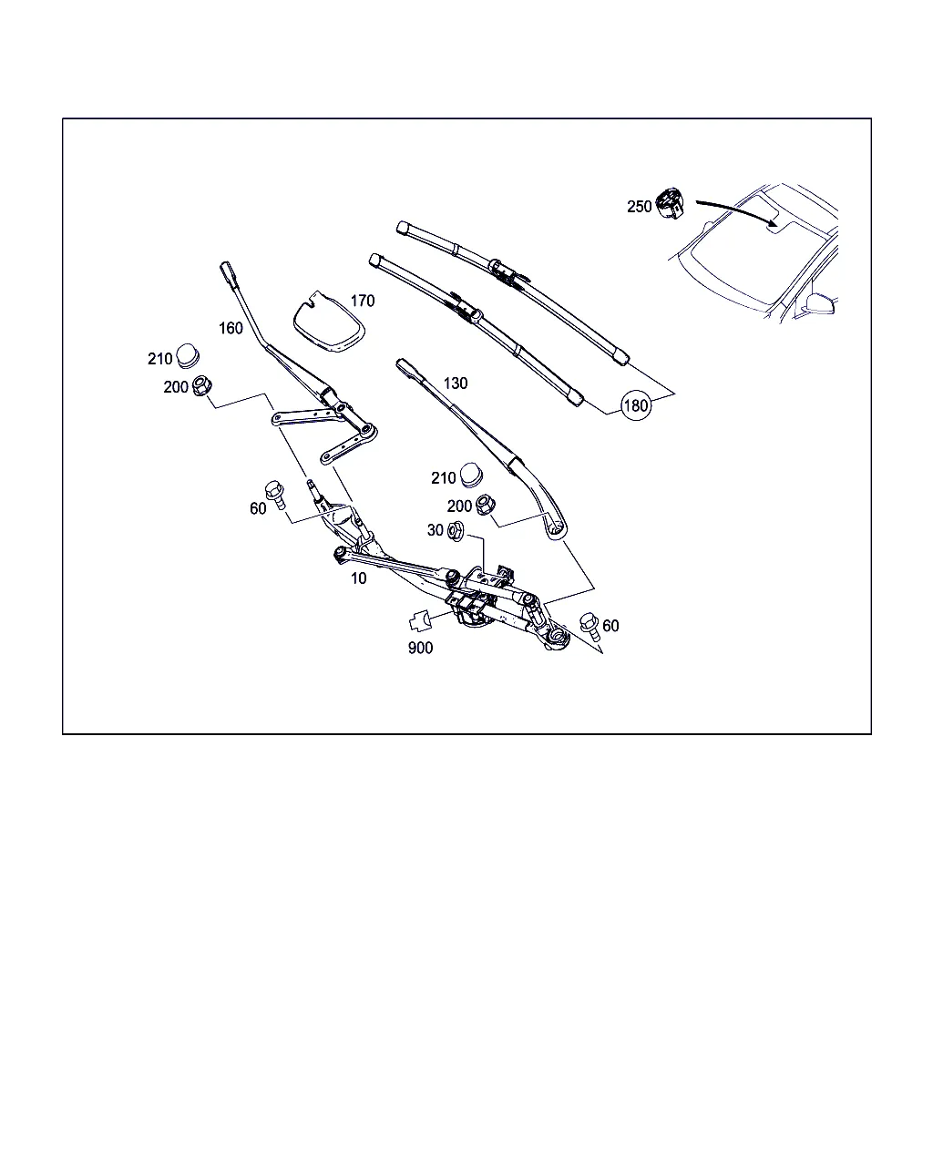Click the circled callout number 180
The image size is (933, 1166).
click(x=635, y=405)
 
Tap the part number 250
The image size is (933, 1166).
click(x=640, y=207)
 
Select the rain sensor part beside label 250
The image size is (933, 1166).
click(x=670, y=203)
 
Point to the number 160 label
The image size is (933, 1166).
click(x=231, y=328)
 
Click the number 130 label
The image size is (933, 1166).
click(x=456, y=384)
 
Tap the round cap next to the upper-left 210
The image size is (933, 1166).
click(x=188, y=355)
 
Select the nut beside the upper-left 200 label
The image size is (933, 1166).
click(x=201, y=384)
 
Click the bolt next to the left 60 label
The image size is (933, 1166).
click(x=275, y=494)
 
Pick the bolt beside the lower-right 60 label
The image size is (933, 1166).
click(x=590, y=627)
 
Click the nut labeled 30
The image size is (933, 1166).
click(x=456, y=530)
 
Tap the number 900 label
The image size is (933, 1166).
click(x=420, y=648)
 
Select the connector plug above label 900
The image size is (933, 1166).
click(x=420, y=620)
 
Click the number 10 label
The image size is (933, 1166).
click(x=358, y=578)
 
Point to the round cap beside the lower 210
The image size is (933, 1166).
click(x=470, y=476)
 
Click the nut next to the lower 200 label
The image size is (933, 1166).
click(x=486, y=505)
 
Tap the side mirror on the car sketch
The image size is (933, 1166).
click(x=820, y=303)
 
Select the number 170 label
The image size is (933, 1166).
click(x=363, y=301)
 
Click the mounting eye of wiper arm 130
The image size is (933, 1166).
click(x=556, y=529)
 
